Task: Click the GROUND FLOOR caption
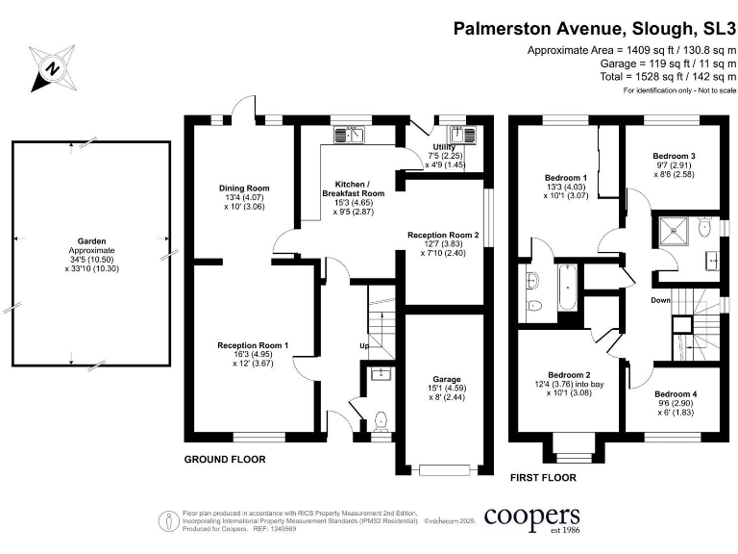click(x=225, y=460)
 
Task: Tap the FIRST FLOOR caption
click(x=544, y=477)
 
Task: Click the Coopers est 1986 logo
click(x=531, y=519)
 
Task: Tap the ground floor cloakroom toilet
click(x=381, y=419)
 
